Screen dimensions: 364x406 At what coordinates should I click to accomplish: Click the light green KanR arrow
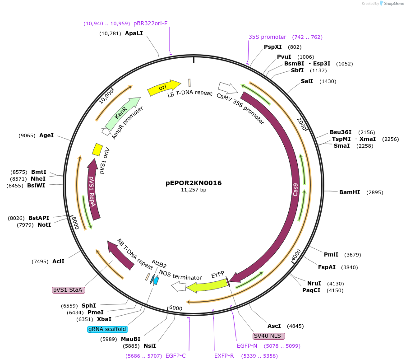[x=121, y=113]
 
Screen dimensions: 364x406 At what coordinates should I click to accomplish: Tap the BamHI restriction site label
[x=350, y=192]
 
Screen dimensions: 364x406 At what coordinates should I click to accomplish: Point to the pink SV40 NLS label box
[x=269, y=336]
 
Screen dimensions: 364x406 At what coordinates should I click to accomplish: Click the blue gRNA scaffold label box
[x=107, y=329]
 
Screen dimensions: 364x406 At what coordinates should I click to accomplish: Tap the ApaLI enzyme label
[x=134, y=33]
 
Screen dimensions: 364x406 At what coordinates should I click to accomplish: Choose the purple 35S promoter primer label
[x=267, y=37]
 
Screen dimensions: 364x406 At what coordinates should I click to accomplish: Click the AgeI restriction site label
[x=46, y=135]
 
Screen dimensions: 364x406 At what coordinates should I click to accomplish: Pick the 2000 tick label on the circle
[x=302, y=123]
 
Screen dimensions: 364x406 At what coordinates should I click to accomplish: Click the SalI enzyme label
[x=307, y=81]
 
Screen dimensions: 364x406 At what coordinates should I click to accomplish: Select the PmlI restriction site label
[x=331, y=255]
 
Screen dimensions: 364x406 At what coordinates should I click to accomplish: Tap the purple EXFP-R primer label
[x=224, y=356]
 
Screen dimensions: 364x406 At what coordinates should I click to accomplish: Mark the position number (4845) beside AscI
[x=295, y=326]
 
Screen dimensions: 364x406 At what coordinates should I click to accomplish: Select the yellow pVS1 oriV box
[x=97, y=149]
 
